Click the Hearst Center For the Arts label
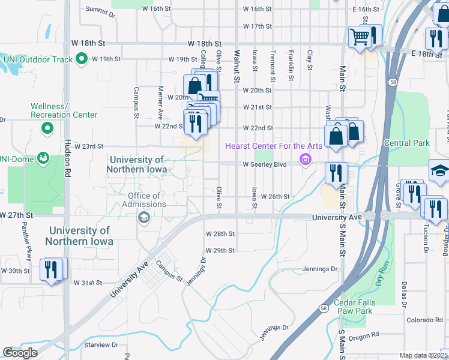(274, 146)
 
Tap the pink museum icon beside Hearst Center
(305, 160)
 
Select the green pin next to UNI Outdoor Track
(79, 59)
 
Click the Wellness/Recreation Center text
(64, 110)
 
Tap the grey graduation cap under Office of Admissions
(143, 218)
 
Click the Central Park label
(406, 143)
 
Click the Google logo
(20, 353)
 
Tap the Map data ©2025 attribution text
(423, 355)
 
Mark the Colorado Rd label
(424, 320)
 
